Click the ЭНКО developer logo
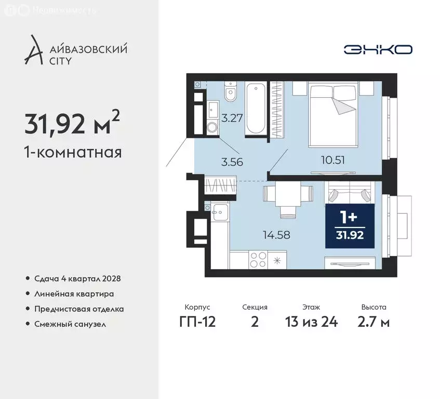(378, 49)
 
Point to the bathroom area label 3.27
(231, 118)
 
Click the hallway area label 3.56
(232, 161)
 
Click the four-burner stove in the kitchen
(258, 259)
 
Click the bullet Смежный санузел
(70, 324)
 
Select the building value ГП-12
(197, 322)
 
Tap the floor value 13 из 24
(312, 322)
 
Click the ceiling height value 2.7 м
(374, 322)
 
